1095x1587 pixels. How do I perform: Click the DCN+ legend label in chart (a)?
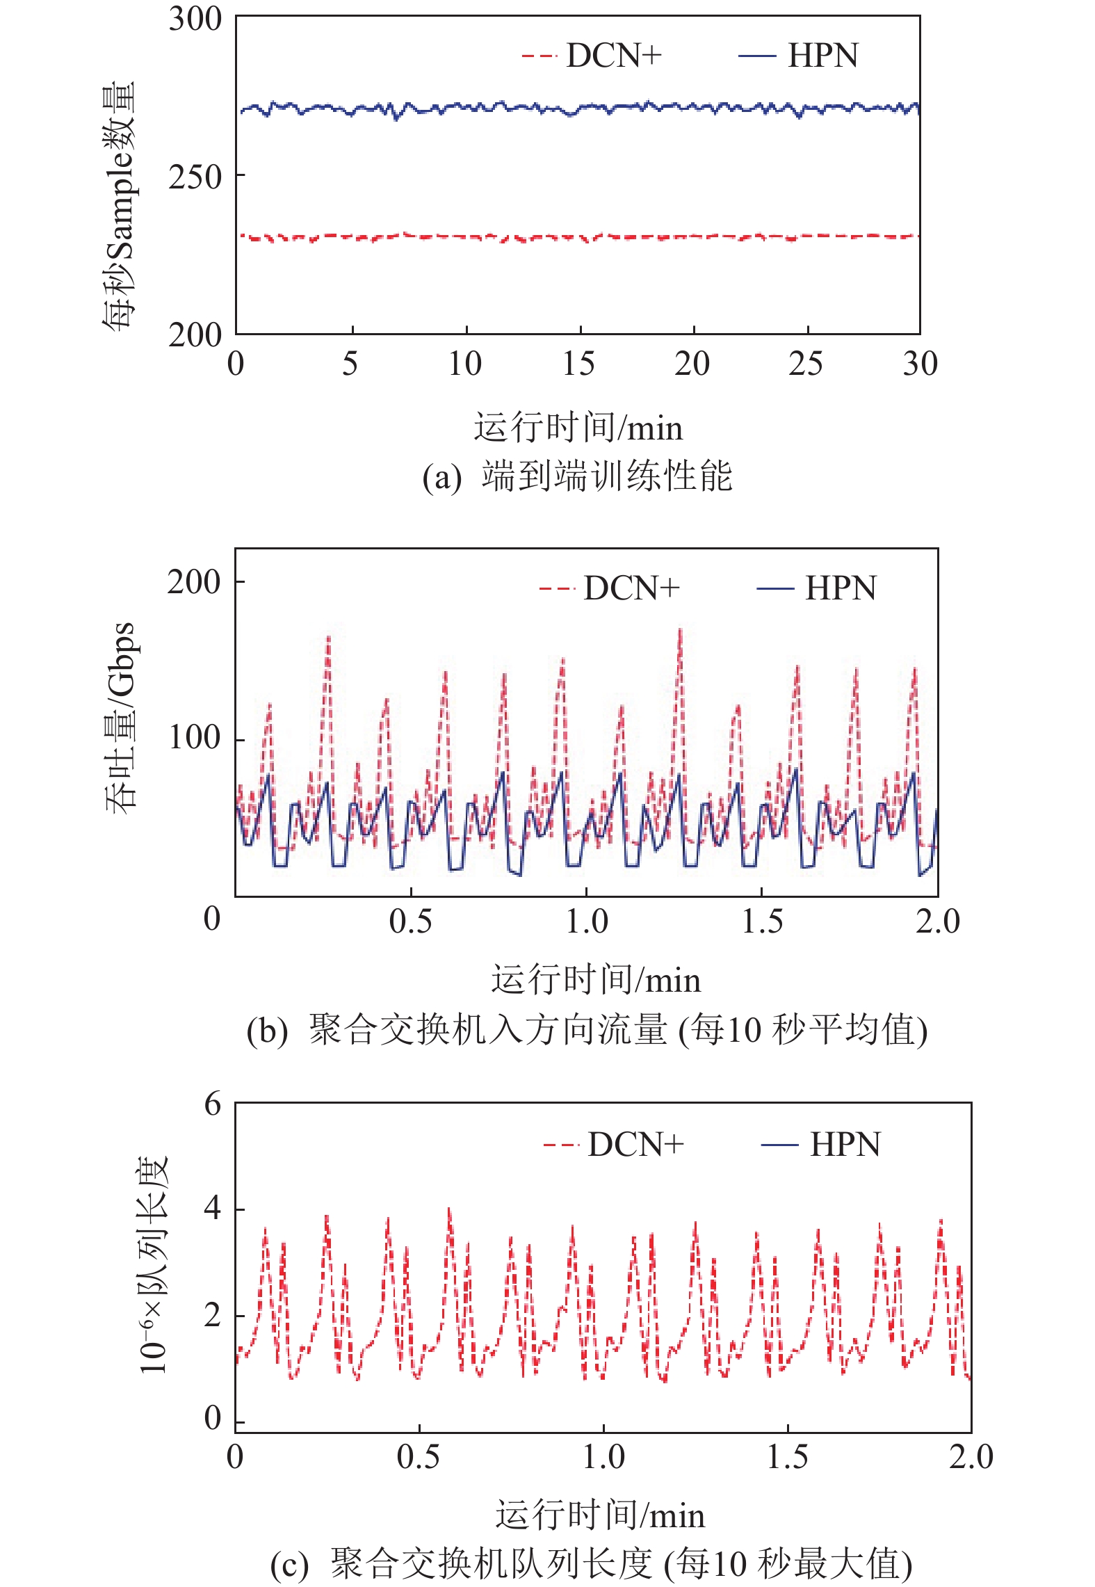coord(614,56)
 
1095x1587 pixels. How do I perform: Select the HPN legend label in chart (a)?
coord(822,56)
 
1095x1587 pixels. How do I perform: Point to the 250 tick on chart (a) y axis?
coord(195,177)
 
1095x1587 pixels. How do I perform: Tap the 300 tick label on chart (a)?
coord(195,19)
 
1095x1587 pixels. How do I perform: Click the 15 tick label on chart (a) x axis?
coord(578,364)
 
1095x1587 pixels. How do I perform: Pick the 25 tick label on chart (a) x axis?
coord(806,364)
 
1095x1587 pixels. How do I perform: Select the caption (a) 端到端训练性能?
coord(577,477)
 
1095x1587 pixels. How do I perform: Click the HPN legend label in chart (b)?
coord(841,588)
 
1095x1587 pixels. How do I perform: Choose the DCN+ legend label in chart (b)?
coord(631,588)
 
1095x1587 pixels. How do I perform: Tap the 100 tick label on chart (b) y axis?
coord(195,738)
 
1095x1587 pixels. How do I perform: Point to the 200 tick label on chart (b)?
coord(194,581)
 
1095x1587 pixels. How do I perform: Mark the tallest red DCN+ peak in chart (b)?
coord(680,631)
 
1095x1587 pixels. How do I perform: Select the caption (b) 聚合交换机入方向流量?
coord(587,1030)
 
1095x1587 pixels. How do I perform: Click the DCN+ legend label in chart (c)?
coord(635,1144)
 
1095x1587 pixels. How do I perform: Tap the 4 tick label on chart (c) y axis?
coord(212,1208)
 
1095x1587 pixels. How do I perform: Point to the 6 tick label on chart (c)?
coord(212,1104)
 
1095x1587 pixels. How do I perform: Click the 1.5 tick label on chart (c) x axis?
coord(787,1457)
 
